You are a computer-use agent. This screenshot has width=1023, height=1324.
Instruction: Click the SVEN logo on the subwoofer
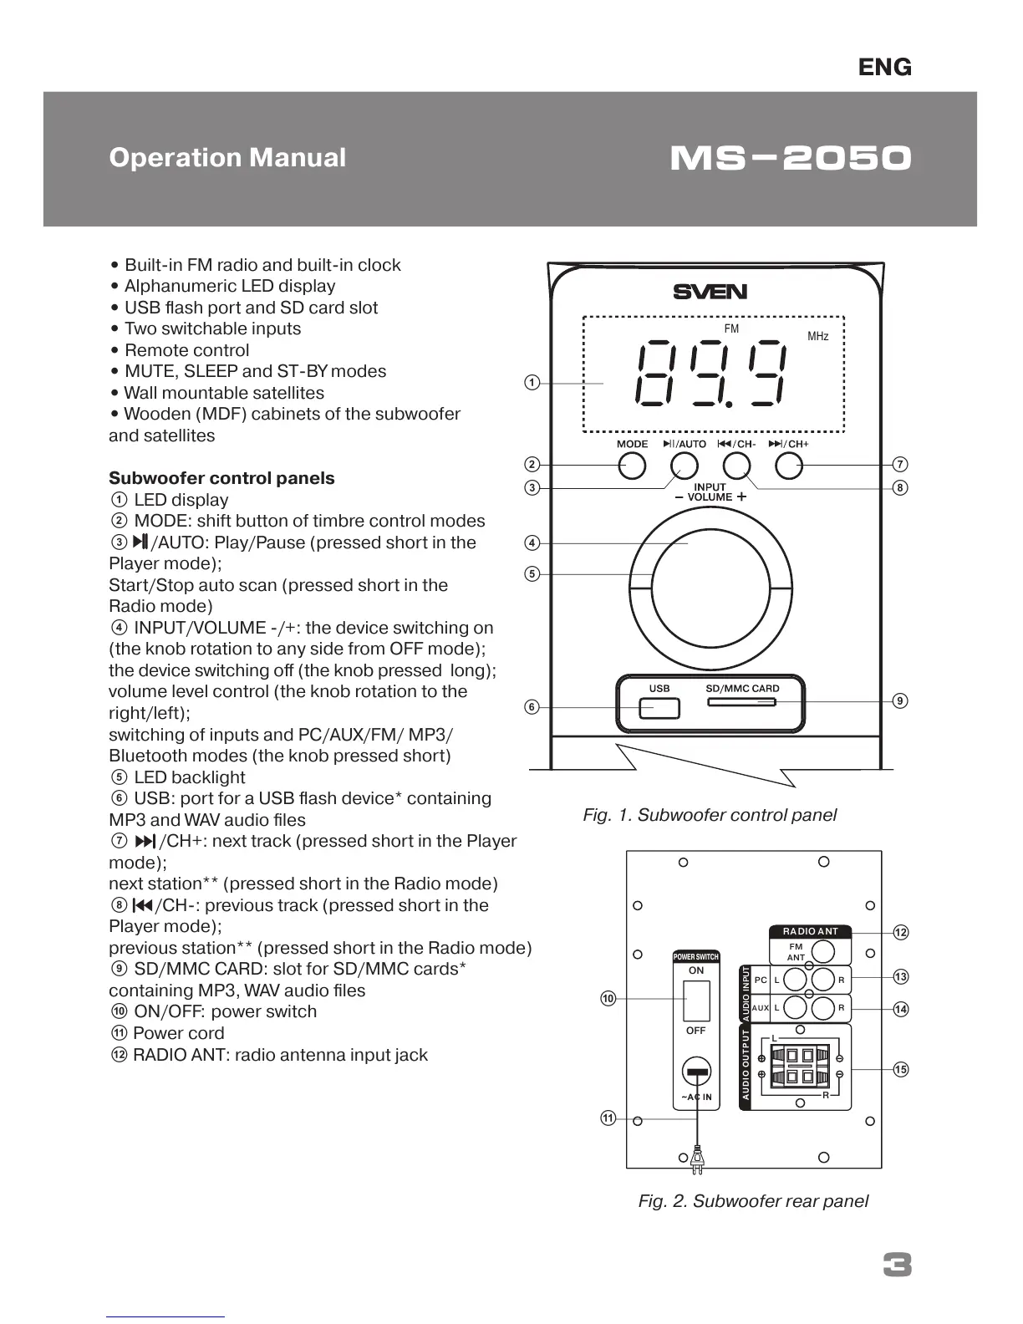tap(710, 292)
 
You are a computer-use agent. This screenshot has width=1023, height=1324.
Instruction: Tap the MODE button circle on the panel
tap(633, 466)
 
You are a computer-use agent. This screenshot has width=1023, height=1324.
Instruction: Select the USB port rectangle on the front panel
tap(659, 709)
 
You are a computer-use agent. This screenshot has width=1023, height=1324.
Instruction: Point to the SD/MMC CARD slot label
tap(742, 689)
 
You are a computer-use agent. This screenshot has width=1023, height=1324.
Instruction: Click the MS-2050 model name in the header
tap(791, 158)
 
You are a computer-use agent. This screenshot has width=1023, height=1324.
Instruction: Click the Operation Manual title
tap(227, 158)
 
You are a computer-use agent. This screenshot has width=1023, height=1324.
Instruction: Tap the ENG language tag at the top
tap(885, 68)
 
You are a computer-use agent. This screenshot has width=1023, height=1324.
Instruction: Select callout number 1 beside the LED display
tap(532, 383)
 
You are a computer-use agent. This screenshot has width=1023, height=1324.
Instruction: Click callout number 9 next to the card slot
tap(900, 700)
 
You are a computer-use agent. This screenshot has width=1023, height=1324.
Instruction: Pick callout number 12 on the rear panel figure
tap(901, 932)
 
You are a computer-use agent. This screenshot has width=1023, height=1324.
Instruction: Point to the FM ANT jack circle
tap(823, 951)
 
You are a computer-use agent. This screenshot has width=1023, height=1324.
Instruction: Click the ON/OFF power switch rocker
tap(696, 1001)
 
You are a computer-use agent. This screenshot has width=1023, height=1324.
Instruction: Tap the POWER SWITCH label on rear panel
tap(696, 957)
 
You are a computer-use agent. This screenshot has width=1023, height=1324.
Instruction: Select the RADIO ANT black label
tap(810, 931)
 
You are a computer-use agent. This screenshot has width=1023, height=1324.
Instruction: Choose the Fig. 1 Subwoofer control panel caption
tap(710, 815)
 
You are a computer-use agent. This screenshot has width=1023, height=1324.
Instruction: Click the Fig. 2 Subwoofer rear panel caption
tap(753, 1201)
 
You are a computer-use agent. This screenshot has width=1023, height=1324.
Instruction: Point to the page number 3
tap(898, 1266)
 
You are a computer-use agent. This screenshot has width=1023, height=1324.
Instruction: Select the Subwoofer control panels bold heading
tap(221, 478)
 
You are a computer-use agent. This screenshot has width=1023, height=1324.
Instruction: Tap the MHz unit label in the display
tap(818, 336)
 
